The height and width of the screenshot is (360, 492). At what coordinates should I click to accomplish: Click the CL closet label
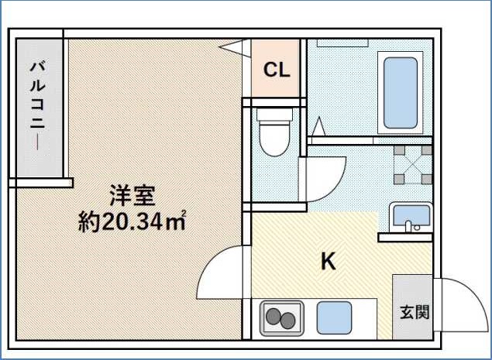(x=277, y=70)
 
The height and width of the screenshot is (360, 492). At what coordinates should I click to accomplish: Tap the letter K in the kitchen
(x=329, y=262)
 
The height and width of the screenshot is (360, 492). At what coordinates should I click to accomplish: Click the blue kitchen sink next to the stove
(x=333, y=317)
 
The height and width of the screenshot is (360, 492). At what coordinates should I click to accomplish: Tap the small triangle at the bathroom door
(x=318, y=125)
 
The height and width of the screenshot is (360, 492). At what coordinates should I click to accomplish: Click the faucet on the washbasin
(x=408, y=227)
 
